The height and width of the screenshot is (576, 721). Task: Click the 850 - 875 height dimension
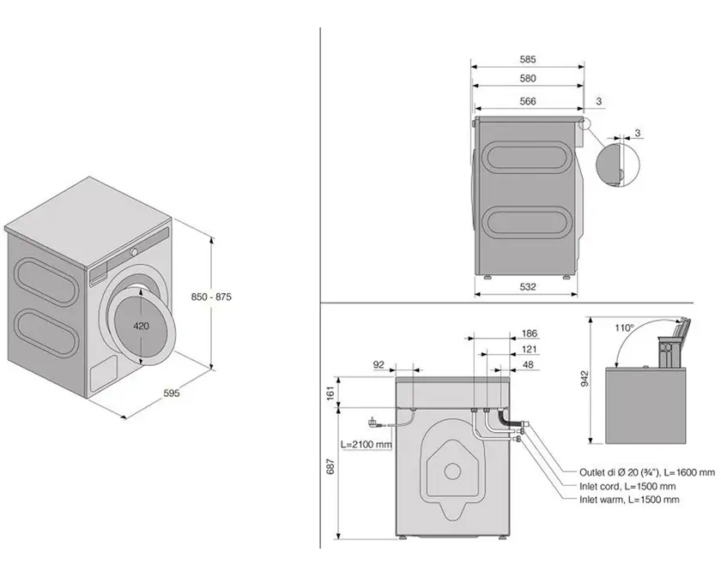point(211,297)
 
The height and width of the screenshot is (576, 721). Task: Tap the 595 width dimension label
point(172,393)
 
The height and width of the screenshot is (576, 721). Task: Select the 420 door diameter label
point(141,326)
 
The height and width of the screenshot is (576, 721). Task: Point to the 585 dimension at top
point(528,59)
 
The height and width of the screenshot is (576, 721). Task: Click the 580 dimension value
point(528,79)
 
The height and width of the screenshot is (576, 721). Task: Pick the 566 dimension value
point(528,101)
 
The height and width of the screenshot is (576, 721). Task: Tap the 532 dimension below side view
point(528,286)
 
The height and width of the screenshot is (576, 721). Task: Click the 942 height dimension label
point(585,379)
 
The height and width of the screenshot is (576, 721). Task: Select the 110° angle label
point(624,328)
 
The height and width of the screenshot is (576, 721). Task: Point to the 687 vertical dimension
point(331,466)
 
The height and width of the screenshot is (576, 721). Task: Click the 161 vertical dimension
point(331,393)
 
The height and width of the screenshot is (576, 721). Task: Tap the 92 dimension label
point(379,364)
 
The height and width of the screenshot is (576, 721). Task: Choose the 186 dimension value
point(530,333)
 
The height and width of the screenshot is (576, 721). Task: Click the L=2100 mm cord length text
point(367,444)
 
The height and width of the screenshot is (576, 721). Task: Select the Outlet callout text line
point(647,471)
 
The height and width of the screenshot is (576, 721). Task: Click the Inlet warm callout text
point(629,500)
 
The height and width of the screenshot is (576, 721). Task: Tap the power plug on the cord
point(372,422)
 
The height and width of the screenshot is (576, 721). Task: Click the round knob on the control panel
point(134,252)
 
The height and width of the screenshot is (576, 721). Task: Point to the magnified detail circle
point(617,165)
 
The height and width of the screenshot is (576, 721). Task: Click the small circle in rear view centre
point(452,471)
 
